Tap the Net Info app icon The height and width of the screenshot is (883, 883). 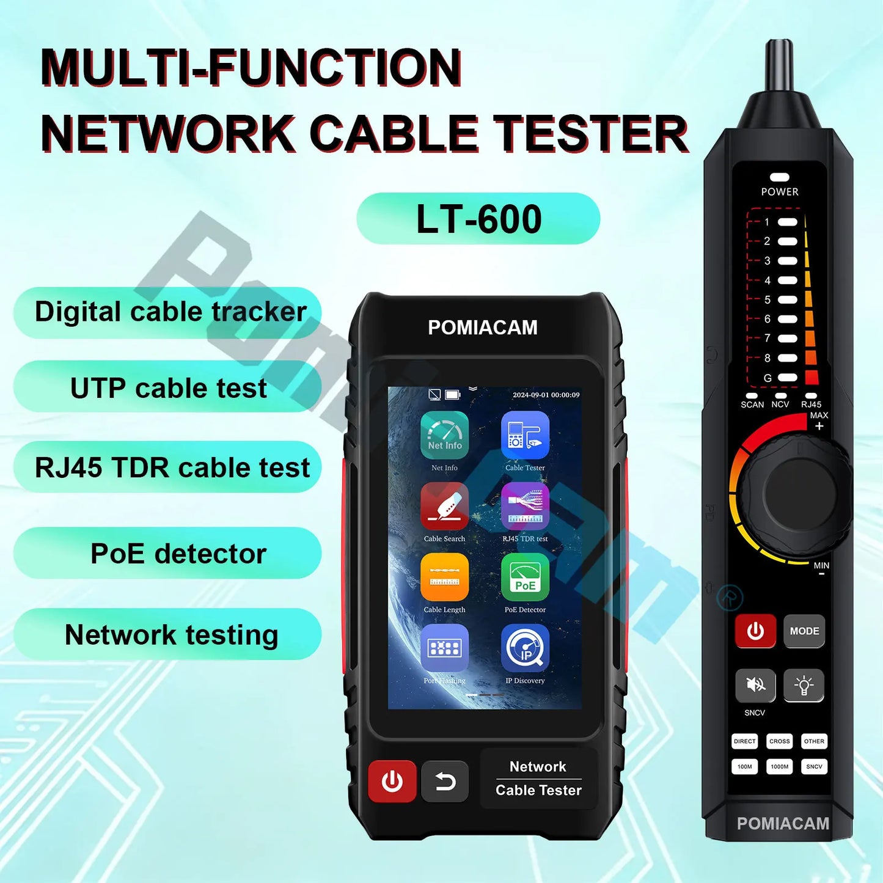(444, 435)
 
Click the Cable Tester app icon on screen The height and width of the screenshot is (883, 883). (525, 435)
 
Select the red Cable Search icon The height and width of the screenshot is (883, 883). (444, 506)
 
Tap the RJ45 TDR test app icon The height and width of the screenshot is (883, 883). (525, 506)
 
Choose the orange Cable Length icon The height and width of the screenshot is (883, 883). (444, 577)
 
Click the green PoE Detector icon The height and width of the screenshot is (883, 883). (525, 577)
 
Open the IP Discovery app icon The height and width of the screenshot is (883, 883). (525, 648)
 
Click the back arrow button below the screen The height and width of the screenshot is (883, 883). (445, 781)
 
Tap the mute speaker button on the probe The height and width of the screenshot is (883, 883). (755, 685)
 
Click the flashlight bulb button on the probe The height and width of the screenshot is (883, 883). (804, 685)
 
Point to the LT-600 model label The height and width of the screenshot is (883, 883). (478, 219)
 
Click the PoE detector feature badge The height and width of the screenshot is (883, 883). (167, 554)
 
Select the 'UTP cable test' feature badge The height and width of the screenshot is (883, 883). (167, 388)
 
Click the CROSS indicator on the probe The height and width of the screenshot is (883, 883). (780, 741)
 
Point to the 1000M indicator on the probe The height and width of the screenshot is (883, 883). (780, 766)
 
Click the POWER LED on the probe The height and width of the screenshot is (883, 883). (780, 177)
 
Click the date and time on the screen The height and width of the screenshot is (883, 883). (546, 395)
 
